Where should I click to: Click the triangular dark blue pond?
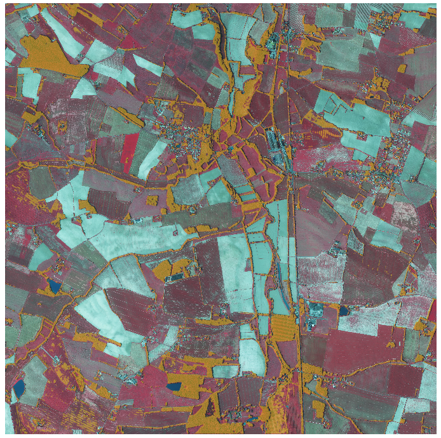(55, 286)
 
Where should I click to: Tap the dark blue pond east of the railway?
(344, 310)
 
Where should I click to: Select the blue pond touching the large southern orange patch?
(174, 385)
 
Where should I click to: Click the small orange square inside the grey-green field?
(152, 201)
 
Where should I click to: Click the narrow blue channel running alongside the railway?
(280, 279)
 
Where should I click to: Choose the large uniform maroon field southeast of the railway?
(356, 362)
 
